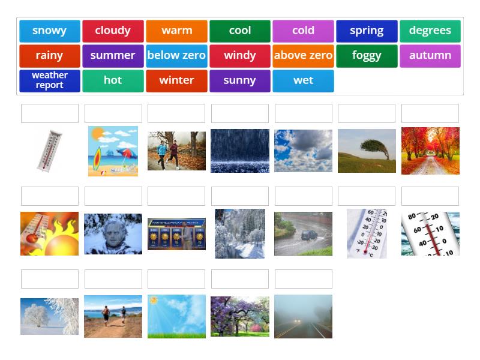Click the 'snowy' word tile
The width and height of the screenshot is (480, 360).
point(50,31)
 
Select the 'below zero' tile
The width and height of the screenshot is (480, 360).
point(176,56)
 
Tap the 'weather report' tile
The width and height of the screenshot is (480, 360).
point(50,81)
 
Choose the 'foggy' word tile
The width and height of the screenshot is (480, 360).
point(367,56)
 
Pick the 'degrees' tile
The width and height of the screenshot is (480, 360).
point(430,31)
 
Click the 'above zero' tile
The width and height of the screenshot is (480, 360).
point(303,56)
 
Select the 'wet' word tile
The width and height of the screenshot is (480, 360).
point(303,81)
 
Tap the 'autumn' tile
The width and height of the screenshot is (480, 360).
point(430,56)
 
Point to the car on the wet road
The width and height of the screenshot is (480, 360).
point(310,235)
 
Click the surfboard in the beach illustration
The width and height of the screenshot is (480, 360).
point(97,158)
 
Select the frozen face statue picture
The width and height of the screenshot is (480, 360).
point(113,234)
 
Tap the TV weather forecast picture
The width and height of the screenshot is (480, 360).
point(176,234)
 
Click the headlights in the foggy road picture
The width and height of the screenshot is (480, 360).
point(297,321)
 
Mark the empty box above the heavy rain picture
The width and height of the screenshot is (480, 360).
point(240,113)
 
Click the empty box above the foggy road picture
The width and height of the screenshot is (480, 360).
point(304,279)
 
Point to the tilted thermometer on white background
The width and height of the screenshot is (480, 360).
point(49,151)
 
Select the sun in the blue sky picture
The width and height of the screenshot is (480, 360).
point(154,301)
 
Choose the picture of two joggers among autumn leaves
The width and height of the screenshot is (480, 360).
point(176,151)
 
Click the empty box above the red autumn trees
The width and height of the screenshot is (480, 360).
point(430,113)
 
